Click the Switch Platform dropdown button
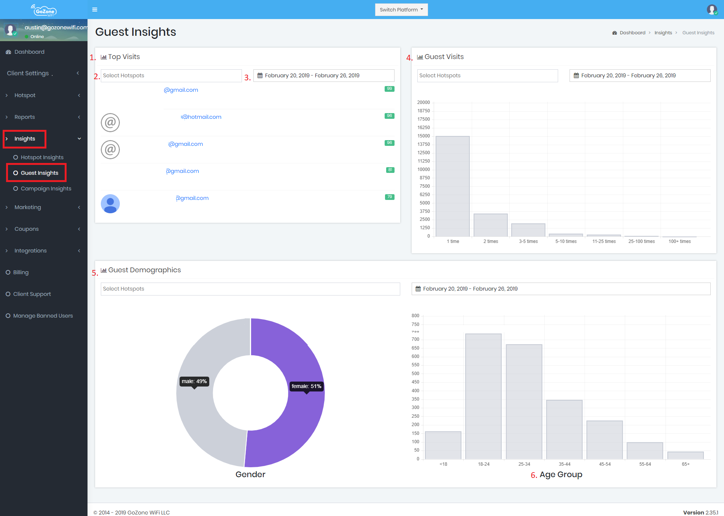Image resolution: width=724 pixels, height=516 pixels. pos(401,10)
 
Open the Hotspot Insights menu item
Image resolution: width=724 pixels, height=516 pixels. pos(42,157)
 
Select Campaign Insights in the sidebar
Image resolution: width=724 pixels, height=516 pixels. pos(46,189)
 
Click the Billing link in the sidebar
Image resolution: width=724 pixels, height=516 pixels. pos(21,272)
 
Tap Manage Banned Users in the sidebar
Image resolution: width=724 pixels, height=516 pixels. pos(43,316)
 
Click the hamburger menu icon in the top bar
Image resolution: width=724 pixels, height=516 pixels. pos(95,10)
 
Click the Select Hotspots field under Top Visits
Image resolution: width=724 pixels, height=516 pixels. pos(171,75)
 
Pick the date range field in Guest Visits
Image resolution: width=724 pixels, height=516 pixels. pos(640,75)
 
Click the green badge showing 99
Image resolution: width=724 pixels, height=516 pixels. pos(390,89)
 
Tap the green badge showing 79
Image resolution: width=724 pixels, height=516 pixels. pos(390,197)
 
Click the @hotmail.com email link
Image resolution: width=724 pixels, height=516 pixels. pos(201,117)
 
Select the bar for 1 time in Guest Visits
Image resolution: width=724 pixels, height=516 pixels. pos(453,187)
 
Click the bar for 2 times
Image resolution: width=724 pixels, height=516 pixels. pos(491,225)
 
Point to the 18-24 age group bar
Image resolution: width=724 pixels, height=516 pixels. pos(484,396)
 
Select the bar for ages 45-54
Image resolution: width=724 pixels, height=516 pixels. pos(605,440)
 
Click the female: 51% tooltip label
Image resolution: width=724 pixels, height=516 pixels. pos(306,386)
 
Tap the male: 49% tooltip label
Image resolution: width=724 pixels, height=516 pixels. pos(194,381)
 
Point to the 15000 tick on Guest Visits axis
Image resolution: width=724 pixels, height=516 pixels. pos(423,136)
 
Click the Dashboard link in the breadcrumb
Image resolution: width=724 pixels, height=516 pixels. pos(632,33)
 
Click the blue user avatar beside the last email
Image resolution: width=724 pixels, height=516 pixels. pos(110,204)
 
